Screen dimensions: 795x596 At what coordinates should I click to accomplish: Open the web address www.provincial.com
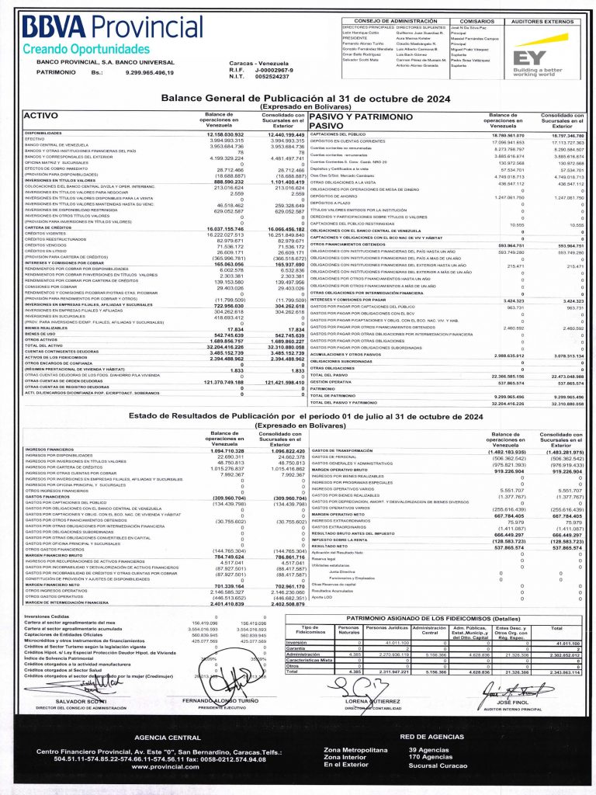[165, 766]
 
